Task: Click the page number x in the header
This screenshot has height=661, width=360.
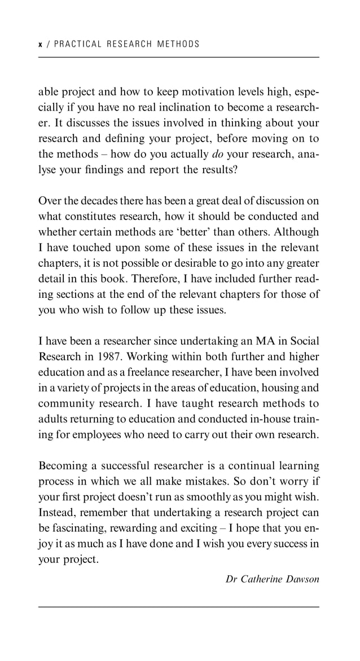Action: tap(40, 44)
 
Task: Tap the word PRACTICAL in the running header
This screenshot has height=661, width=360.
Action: tap(76, 44)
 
